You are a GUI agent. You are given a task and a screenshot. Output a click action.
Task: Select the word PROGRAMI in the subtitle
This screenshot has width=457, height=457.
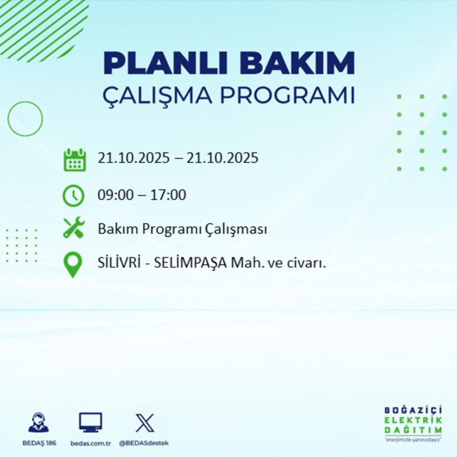coord(285,95)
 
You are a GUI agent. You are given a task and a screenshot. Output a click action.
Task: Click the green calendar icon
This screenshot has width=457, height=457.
coord(74,159)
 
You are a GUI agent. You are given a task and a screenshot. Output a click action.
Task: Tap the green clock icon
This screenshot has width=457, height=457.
coord(74,195)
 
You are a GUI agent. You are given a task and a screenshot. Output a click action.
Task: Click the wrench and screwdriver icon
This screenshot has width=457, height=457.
coord(74,228)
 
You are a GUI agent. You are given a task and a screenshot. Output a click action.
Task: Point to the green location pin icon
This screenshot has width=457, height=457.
coord(74,265)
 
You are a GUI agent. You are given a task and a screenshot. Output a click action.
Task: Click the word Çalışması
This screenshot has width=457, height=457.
coord(238,229)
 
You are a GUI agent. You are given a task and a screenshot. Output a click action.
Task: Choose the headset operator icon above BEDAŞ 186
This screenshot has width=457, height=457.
coord(38,422)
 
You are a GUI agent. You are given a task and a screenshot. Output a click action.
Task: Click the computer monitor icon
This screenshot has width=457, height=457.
coord(90,423)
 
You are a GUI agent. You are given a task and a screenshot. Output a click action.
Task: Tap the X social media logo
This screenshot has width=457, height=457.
coord(144,423)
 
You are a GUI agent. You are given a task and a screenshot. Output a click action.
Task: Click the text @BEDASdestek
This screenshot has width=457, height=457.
coord(144,443)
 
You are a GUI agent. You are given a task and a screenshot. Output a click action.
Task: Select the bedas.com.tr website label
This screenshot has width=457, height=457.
coord(91,443)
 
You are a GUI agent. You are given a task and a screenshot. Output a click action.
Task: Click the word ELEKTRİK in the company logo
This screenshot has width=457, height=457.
coord(413,420)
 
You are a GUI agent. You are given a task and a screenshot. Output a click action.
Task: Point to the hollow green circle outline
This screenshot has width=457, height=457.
coord(25,119)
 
